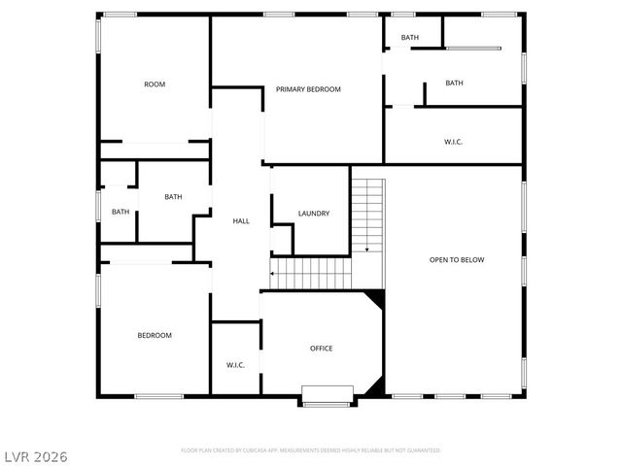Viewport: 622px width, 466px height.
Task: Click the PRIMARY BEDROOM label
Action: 308,89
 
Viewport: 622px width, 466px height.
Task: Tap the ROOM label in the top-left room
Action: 155,84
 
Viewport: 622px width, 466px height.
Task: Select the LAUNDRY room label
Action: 314,214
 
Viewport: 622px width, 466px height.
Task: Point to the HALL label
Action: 241,221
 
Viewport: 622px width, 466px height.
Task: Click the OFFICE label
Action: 322,348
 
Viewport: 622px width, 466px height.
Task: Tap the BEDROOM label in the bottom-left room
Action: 154,335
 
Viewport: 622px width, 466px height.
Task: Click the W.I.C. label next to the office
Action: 235,365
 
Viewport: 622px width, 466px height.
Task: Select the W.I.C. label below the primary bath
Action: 453,142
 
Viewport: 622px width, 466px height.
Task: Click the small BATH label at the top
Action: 410,38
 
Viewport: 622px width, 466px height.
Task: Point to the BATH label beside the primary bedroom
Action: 454,83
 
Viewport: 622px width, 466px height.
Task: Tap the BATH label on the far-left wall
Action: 121,212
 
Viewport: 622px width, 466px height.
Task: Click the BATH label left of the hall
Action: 173,197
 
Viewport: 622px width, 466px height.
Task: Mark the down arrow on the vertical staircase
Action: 367,250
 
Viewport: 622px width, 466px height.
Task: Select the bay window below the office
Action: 328,395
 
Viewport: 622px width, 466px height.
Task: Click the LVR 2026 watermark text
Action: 35,454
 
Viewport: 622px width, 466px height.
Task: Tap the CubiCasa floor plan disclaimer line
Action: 311,450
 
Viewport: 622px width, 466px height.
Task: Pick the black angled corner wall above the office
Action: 374,301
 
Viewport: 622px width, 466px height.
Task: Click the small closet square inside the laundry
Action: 281,239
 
